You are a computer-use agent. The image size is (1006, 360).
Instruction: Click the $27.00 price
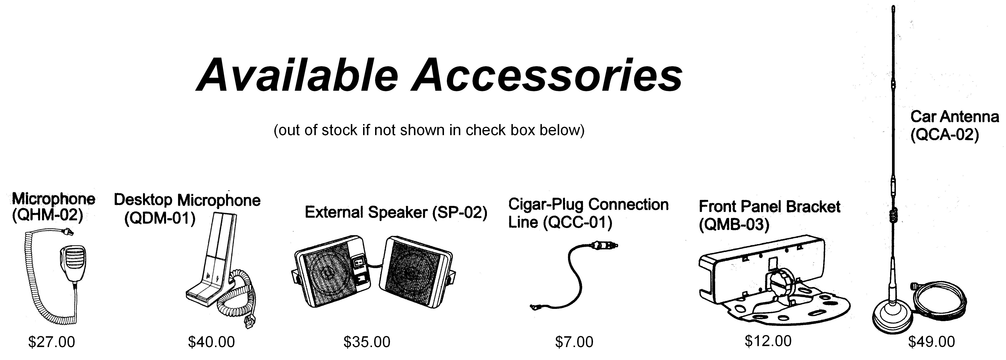(52, 342)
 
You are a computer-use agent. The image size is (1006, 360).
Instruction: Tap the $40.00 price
(211, 342)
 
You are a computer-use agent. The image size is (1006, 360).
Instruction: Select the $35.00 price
(367, 342)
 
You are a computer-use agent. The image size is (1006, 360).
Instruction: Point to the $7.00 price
(574, 342)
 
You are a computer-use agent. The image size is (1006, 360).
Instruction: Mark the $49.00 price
(931, 342)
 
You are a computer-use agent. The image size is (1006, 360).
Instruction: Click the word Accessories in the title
(548, 75)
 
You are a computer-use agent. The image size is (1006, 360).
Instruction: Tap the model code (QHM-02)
(48, 216)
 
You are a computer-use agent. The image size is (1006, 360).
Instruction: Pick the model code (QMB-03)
(734, 225)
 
